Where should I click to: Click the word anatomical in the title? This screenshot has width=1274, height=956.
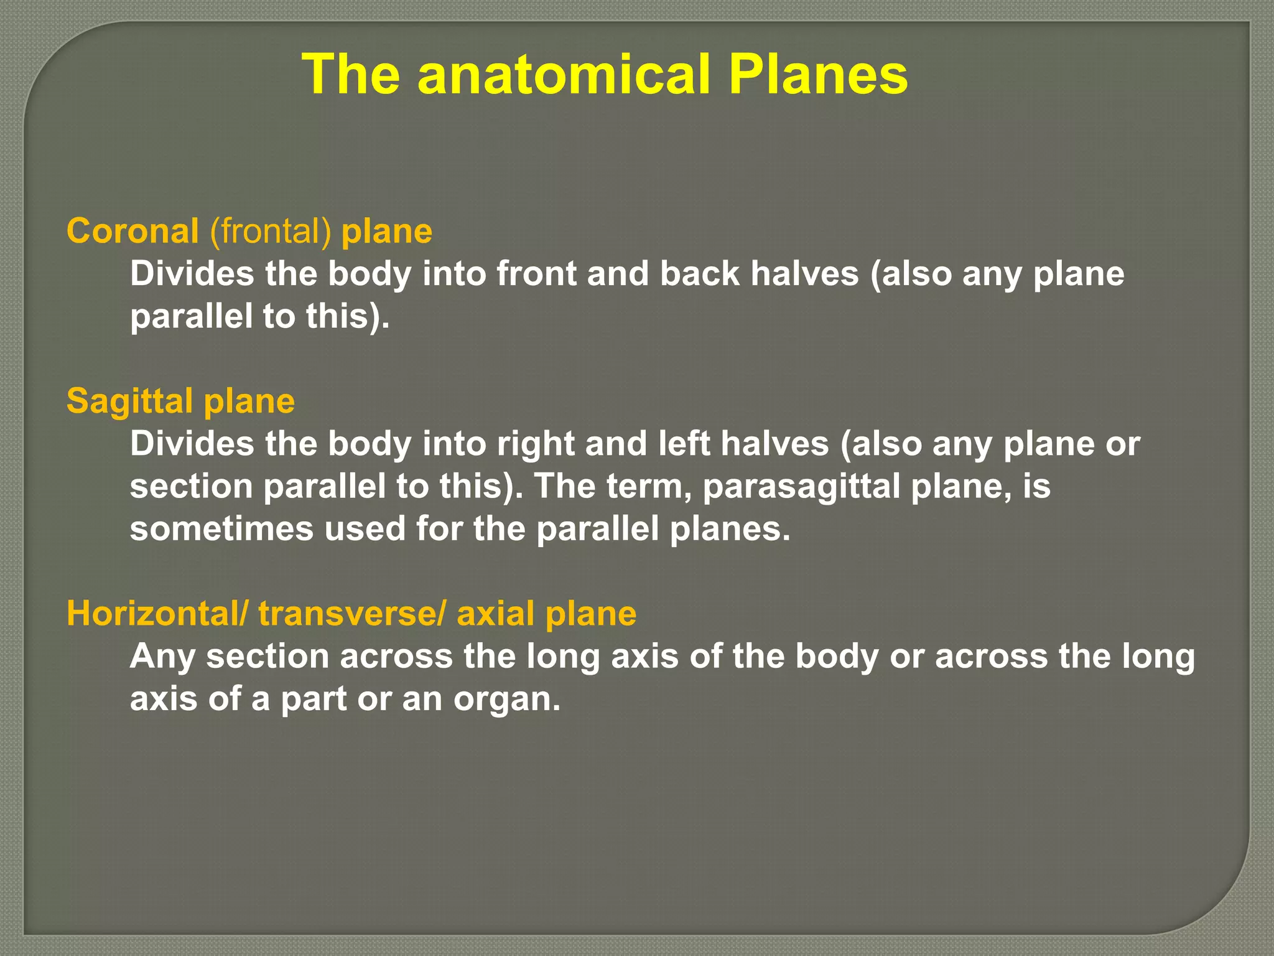(564, 75)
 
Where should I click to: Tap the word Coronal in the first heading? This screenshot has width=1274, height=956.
(133, 232)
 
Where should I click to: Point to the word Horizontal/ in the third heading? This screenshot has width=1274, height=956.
(157, 614)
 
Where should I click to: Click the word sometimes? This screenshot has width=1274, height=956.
(221, 529)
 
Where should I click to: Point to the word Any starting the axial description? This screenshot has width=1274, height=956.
(162, 657)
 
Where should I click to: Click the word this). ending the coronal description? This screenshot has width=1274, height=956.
(347, 316)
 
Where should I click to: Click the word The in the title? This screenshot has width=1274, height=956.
(351, 75)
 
